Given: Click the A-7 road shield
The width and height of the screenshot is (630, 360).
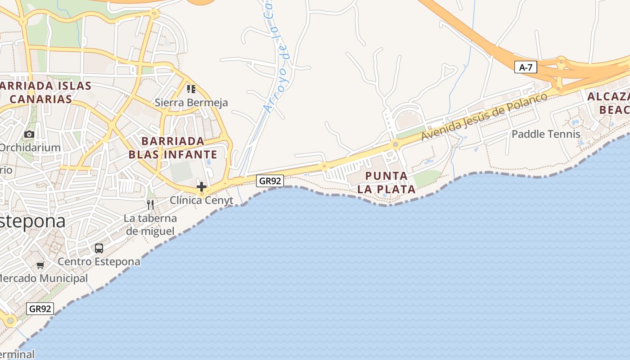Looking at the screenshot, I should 526,67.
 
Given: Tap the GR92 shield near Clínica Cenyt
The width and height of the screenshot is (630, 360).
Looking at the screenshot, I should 270,181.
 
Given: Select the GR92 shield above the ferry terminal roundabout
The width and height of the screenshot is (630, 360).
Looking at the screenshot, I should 40,309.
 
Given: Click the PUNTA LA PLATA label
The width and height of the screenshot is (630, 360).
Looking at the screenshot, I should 387,182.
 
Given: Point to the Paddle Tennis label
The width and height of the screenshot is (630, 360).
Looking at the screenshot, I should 546,134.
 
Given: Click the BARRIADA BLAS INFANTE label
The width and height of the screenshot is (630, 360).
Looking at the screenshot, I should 173,148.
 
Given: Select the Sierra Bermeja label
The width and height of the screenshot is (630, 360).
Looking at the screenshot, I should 191,103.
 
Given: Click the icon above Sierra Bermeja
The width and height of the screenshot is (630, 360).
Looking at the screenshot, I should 191,89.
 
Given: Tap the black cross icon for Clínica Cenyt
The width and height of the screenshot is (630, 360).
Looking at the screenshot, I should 201,186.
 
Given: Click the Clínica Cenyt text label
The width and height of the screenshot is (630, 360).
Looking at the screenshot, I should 202,200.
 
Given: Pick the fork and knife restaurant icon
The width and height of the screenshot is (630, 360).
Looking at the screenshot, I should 150,205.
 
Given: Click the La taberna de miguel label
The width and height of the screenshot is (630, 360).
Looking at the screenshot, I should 150,225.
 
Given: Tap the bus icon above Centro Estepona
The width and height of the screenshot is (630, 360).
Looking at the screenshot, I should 99,248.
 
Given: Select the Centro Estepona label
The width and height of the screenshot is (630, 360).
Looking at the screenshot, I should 99,261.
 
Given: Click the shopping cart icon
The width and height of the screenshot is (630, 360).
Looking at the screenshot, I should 40,265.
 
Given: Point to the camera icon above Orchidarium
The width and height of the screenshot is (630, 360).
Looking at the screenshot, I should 29,134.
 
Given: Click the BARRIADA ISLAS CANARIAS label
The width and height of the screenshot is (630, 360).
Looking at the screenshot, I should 45,92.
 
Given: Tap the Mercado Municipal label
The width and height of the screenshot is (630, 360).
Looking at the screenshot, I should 43,279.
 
